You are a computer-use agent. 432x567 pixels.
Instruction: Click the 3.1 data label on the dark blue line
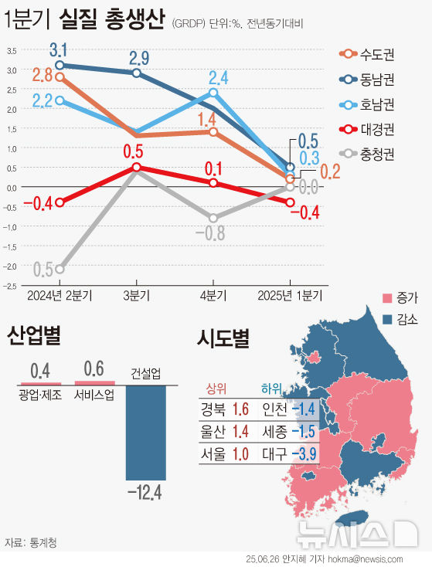pos(59,52)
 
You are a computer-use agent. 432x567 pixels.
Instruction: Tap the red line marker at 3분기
pos(136,167)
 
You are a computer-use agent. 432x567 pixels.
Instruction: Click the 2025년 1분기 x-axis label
pos(290,295)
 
